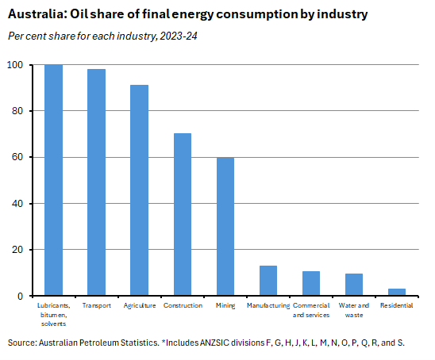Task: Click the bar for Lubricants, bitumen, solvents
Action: [x=53, y=180]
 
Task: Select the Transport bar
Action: [x=96, y=182]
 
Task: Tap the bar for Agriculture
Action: [x=139, y=190]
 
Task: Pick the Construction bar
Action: [x=183, y=214]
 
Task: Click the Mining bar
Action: [x=225, y=227]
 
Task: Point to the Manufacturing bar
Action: [x=268, y=281]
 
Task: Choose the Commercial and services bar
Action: [x=311, y=283]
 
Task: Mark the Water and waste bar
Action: [x=354, y=285]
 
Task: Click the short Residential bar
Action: [x=397, y=292]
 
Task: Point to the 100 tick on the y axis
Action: [x=16, y=65]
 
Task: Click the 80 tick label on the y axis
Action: [x=18, y=111]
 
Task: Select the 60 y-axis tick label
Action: [x=18, y=157]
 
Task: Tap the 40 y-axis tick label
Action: [x=18, y=204]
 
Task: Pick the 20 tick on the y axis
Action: [x=18, y=250]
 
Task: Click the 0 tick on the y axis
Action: [x=21, y=296]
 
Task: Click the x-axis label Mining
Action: [x=225, y=305]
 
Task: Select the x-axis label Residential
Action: [x=397, y=305]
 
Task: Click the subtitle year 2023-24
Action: [x=181, y=35]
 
